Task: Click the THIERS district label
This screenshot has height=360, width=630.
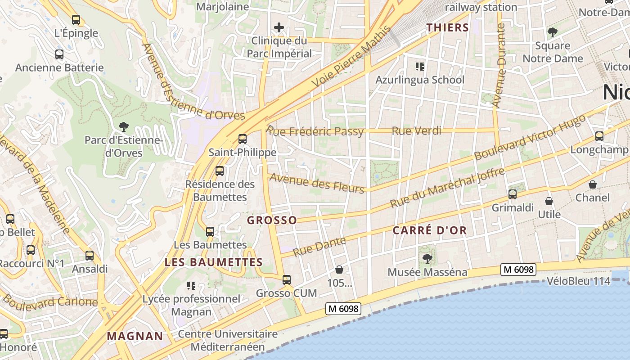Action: pos(448,27)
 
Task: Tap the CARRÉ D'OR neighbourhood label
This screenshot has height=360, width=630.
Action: pos(430,231)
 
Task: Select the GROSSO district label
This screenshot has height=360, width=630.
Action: pos(272,220)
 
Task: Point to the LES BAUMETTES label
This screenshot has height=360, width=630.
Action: pos(214,262)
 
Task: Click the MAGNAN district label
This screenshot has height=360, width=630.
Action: pos(135,336)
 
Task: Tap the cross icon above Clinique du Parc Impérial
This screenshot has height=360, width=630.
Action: pos(279,27)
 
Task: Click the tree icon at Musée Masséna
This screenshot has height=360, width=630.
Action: pos(427,258)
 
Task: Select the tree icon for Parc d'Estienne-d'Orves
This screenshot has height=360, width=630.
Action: pos(123,127)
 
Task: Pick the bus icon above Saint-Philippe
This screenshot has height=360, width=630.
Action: pos(243,139)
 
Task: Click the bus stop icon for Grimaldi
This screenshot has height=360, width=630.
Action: pos(512,194)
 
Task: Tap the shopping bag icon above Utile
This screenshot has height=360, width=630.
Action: pos(549,201)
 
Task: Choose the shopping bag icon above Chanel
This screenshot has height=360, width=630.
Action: pos(593,184)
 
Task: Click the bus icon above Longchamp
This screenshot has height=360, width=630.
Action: pos(599,136)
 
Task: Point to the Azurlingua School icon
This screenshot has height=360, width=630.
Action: pos(420,67)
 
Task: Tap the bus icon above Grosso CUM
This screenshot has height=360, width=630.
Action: pos(287,279)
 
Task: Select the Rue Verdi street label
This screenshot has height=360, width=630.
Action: pos(417,131)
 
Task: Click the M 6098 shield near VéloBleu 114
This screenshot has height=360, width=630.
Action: pos(519,270)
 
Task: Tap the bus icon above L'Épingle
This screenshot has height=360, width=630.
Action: pos(76,20)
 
